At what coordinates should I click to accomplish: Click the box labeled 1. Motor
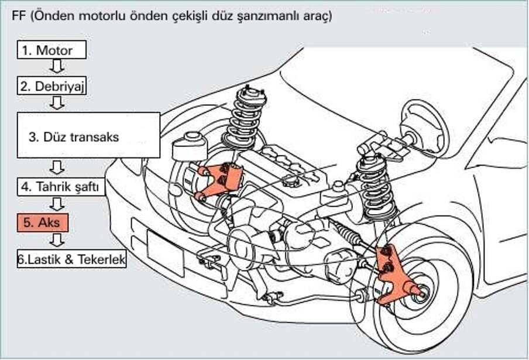coord(52,50)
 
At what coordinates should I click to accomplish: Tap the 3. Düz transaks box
coord(88,135)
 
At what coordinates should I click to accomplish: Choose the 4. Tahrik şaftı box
coord(61,187)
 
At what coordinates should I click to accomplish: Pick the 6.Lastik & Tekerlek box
coord(72,259)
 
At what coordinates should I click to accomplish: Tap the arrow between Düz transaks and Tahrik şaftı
coord(57,169)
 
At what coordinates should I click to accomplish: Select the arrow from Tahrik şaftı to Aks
coord(57,205)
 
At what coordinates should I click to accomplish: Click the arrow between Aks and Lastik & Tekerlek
coord(57,241)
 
